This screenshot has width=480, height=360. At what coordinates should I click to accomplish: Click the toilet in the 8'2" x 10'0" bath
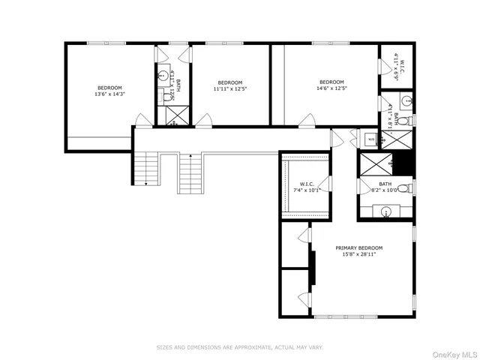click(403, 187)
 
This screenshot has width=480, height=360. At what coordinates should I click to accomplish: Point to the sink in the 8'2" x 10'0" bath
click(386, 211)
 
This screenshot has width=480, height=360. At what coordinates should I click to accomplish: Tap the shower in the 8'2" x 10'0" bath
click(376, 163)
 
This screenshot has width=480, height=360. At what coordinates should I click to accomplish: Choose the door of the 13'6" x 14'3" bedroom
click(142, 120)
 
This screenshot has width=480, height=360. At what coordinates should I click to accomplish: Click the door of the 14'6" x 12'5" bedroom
click(307, 120)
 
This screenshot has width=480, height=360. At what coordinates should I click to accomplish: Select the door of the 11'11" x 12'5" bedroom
click(205, 120)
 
